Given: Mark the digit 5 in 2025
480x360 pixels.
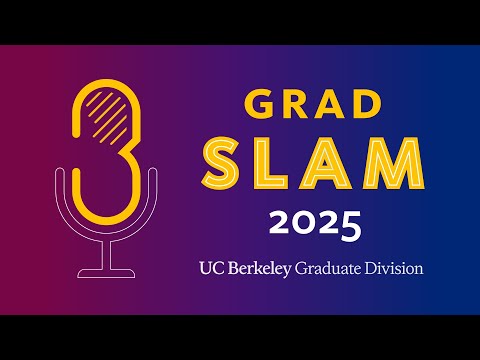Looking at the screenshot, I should click(348, 225).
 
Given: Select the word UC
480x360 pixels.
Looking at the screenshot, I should click(210, 268).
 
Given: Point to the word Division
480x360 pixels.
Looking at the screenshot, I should click(395, 268).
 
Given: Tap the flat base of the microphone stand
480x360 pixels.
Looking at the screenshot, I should click(106, 272).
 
